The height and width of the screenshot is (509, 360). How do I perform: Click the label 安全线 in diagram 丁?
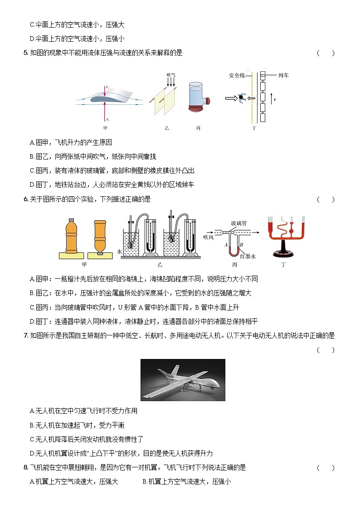[x=237, y=75]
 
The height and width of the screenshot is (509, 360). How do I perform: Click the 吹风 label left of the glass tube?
[x=208, y=237]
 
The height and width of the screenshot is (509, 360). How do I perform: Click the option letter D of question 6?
[x=32, y=322]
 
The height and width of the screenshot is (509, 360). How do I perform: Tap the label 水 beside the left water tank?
[x=120, y=251]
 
